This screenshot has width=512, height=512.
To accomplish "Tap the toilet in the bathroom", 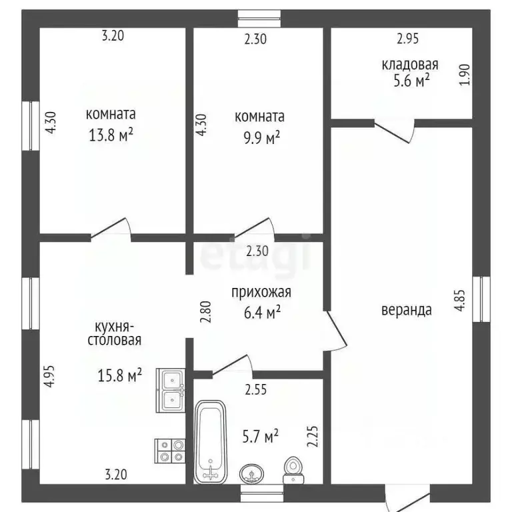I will (292, 469).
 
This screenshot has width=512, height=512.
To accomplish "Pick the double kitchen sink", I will (171, 389).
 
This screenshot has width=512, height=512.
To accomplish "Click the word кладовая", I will (409, 65).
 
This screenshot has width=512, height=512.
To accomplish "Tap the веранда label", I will (407, 309).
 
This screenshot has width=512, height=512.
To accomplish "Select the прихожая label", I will (261, 292).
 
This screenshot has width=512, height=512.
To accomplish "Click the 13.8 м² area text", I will (111, 135).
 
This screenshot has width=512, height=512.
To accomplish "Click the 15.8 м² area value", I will (121, 376).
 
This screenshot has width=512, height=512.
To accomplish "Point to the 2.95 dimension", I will (407, 39).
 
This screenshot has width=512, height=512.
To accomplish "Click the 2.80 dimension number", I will (206, 313).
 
